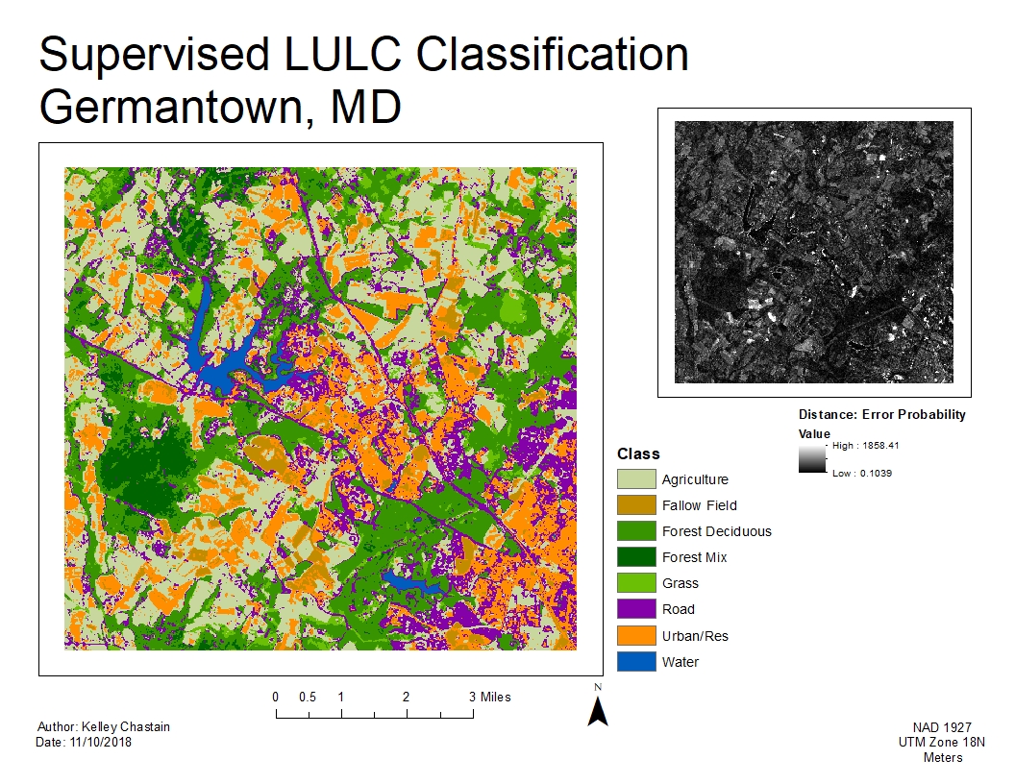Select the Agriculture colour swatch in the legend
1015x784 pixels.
click(634, 479)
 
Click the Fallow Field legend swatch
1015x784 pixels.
click(634, 505)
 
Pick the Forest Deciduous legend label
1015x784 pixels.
click(716, 531)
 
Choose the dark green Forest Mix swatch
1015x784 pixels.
click(634, 557)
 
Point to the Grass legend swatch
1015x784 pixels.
click(634, 583)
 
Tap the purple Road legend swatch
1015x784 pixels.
click(634, 609)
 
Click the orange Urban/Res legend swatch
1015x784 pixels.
click(634, 635)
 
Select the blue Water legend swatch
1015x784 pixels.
click(634, 661)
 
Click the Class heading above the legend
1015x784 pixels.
click(638, 454)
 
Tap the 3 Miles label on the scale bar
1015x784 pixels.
click(490, 697)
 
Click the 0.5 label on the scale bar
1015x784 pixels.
click(308, 697)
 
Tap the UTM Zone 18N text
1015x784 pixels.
click(942, 743)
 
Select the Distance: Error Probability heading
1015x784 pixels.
click(881, 415)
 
